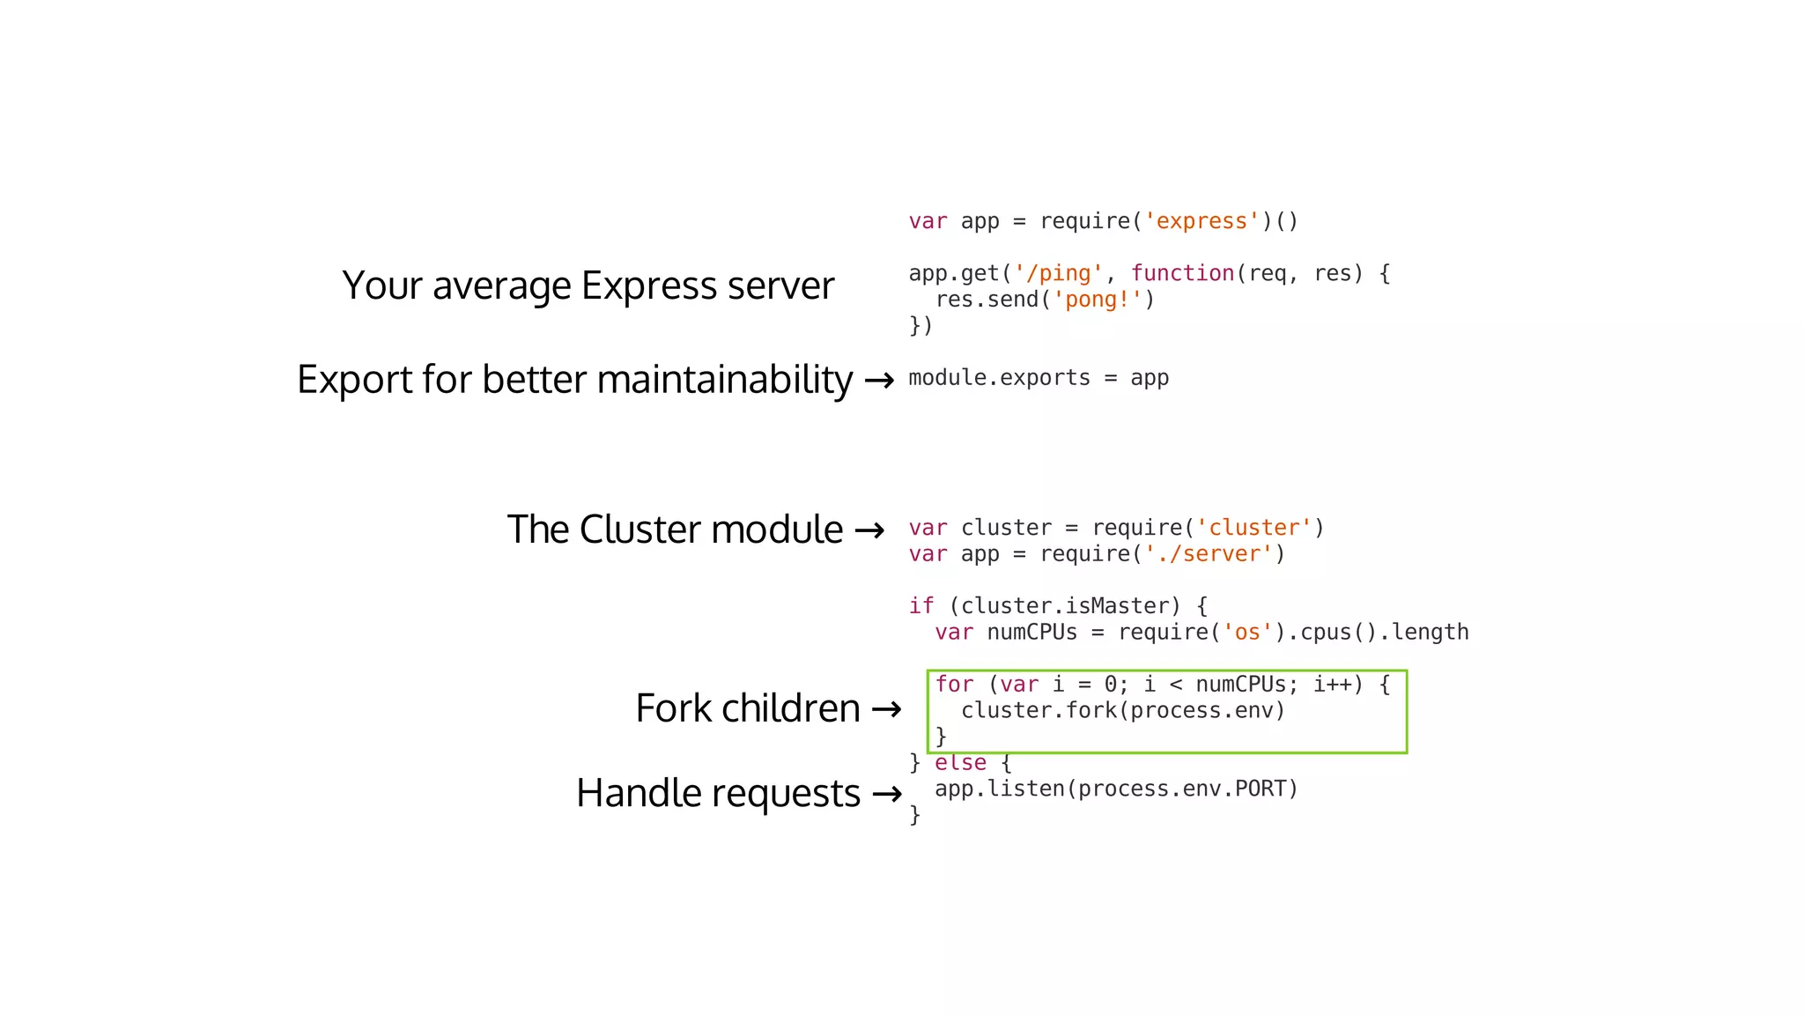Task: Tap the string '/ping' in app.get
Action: (x=1058, y=274)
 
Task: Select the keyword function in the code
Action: (x=1182, y=274)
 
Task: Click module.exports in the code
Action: (x=999, y=378)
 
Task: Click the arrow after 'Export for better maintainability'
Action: (x=879, y=381)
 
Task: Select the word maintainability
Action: (x=724, y=380)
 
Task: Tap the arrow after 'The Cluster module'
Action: (x=869, y=530)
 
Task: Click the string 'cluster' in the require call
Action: (x=1253, y=528)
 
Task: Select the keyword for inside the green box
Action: (x=954, y=685)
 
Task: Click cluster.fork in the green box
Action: (x=1039, y=711)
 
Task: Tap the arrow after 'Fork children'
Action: (x=886, y=709)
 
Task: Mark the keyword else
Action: (x=960, y=763)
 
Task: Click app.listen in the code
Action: (x=999, y=789)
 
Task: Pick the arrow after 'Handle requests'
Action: (x=886, y=795)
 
